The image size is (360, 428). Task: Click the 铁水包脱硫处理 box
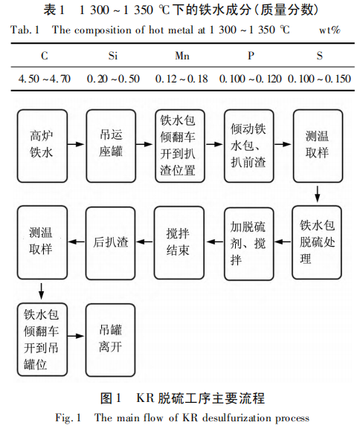pos(318,241)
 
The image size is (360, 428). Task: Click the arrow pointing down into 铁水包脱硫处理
pos(318,195)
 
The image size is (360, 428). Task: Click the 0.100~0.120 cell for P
pos(250,78)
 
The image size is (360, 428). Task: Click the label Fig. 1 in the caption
pos(70,417)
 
